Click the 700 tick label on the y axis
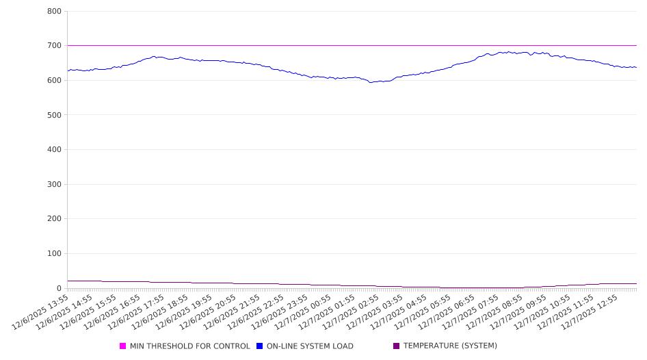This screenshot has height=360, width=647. click(x=54, y=46)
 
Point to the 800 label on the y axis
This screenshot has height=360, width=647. click(x=54, y=11)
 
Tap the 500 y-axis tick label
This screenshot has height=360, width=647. click(x=54, y=115)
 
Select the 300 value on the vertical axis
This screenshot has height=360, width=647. click(x=54, y=184)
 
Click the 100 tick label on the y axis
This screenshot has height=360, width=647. click(x=54, y=254)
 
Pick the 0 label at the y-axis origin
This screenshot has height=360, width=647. click(x=59, y=288)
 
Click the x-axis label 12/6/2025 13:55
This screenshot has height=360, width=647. click(x=41, y=311)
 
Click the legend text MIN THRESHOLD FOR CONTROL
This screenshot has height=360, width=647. click(x=189, y=346)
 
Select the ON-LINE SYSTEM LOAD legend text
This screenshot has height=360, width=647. click(x=310, y=346)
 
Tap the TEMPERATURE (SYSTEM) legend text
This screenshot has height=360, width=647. click(x=450, y=346)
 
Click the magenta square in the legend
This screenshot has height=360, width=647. click(x=123, y=346)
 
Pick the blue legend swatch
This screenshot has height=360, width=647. click(x=260, y=346)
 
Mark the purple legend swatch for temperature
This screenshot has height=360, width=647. click(x=397, y=346)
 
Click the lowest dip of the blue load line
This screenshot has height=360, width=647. click(x=371, y=82)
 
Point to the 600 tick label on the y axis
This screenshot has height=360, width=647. click(x=54, y=80)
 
